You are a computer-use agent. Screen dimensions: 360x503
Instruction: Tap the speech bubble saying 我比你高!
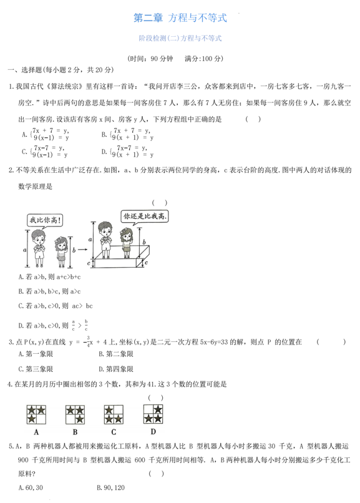click(x=44, y=220)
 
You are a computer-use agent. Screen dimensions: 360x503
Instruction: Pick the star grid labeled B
click(x=75, y=414)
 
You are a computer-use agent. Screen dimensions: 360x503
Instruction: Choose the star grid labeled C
click(x=114, y=414)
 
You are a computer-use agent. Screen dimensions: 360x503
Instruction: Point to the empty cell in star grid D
click(x=148, y=409)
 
